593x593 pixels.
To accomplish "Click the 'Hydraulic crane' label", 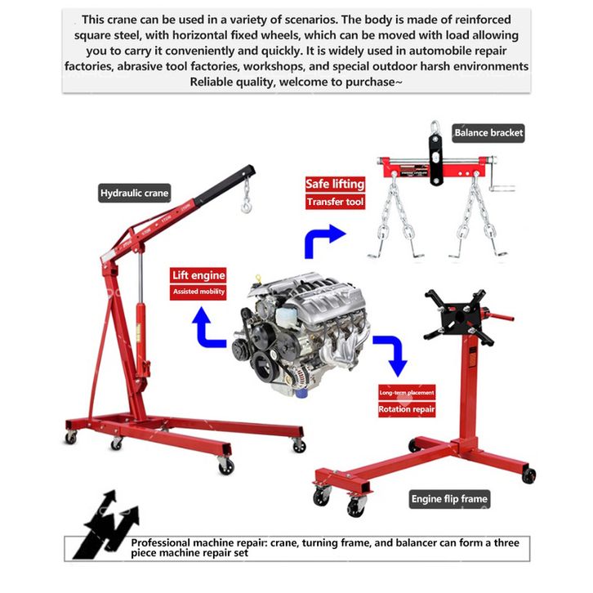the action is tap(134, 194).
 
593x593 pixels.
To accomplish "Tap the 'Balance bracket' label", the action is tap(488, 132).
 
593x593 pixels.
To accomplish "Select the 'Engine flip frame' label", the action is tap(448, 498).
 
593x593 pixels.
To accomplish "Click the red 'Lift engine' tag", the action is tap(198, 275).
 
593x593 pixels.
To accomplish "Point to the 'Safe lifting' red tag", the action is tap(335, 184).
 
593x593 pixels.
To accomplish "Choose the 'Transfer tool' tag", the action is tap(335, 202).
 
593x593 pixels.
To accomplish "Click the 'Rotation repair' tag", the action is tap(406, 409).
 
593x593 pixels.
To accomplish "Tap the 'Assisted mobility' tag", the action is tap(198, 292).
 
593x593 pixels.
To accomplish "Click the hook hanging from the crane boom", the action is tap(245, 202).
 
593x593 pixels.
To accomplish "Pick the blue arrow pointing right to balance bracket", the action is tap(322, 241).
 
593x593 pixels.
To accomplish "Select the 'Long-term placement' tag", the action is tap(406, 393).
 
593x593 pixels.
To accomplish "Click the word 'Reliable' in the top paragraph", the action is tap(213, 82).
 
